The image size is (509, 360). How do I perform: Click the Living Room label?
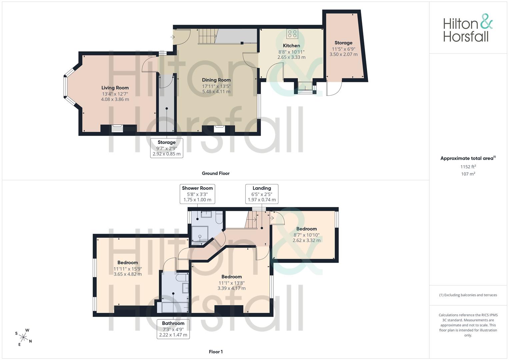[x=115, y=88]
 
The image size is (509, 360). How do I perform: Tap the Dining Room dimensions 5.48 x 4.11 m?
[x=216, y=92]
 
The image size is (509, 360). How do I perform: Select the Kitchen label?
[x=291, y=46]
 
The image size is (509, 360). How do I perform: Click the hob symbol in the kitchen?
[x=292, y=34]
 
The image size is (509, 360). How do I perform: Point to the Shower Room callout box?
[x=197, y=194]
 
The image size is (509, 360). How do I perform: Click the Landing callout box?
[x=262, y=194]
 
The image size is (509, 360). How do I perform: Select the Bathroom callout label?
[x=173, y=323]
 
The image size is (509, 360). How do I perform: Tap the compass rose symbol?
[x=23, y=337]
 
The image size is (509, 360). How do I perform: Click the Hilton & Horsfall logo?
[x=468, y=28]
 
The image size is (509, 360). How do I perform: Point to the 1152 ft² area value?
[x=468, y=167]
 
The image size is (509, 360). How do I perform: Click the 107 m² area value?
[x=468, y=174]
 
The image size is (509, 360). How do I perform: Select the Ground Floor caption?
[x=216, y=173]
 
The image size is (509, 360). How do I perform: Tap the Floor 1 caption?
[x=216, y=352]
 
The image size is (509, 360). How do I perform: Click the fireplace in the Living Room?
[x=117, y=128]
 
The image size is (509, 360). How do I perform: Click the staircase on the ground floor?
[x=207, y=36]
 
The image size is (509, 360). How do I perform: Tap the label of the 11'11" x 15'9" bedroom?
[x=128, y=263]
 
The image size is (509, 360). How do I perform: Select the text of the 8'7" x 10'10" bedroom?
[x=307, y=229]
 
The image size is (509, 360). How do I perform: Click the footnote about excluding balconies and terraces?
[x=468, y=295]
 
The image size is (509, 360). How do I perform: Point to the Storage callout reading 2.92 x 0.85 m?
[x=167, y=148]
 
